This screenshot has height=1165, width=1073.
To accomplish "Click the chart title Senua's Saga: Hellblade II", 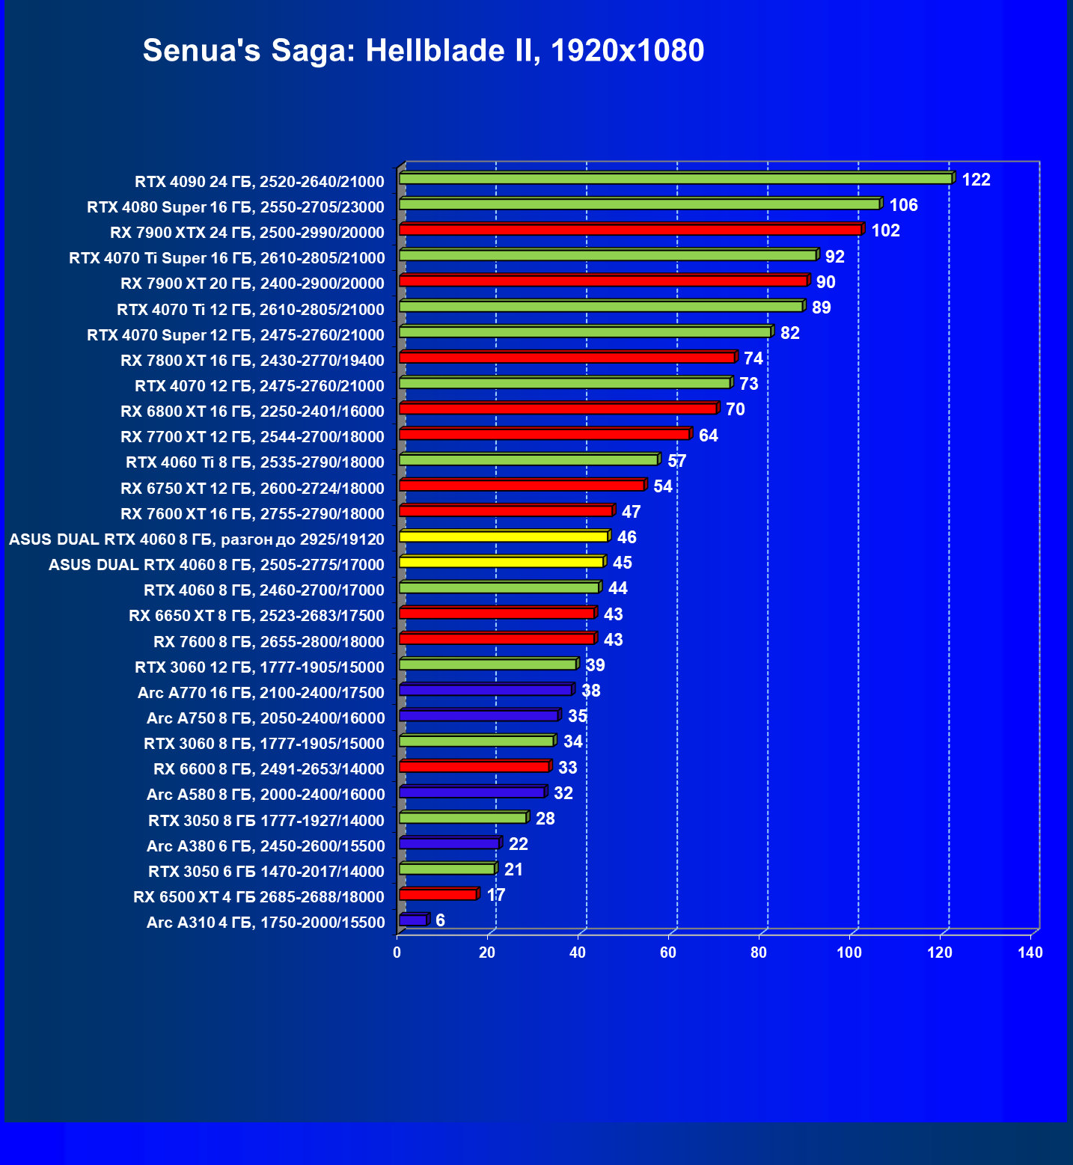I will [423, 51].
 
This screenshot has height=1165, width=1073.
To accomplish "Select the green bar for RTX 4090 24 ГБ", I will [675, 179].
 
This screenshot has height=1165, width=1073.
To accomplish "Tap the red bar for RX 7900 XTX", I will [630, 230].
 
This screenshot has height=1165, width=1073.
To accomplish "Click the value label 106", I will [903, 205].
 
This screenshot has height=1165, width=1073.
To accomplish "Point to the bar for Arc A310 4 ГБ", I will [413, 920].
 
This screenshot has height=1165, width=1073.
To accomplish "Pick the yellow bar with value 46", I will [504, 536].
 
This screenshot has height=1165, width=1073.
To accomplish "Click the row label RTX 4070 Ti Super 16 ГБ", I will [227, 258].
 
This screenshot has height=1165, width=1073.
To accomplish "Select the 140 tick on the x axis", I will [1030, 953].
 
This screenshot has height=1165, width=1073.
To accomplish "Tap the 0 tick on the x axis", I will [397, 953].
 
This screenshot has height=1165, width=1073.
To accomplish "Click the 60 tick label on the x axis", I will [668, 953].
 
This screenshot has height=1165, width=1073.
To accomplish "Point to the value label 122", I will [976, 180].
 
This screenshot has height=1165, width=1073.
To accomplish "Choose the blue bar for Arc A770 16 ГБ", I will [486, 690].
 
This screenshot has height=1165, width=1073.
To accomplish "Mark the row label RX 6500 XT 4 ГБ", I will [259, 896].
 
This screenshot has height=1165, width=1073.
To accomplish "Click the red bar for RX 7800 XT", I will [567, 358].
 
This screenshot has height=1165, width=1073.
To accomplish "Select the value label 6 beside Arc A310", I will [440, 920].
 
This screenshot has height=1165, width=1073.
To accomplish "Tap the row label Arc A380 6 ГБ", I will [266, 846].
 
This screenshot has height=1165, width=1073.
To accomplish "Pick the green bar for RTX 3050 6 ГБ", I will [447, 869].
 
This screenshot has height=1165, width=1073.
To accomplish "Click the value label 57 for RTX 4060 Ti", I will [676, 461].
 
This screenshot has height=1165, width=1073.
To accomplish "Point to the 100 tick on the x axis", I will [849, 953].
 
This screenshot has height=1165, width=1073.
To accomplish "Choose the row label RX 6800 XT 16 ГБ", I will [252, 412].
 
